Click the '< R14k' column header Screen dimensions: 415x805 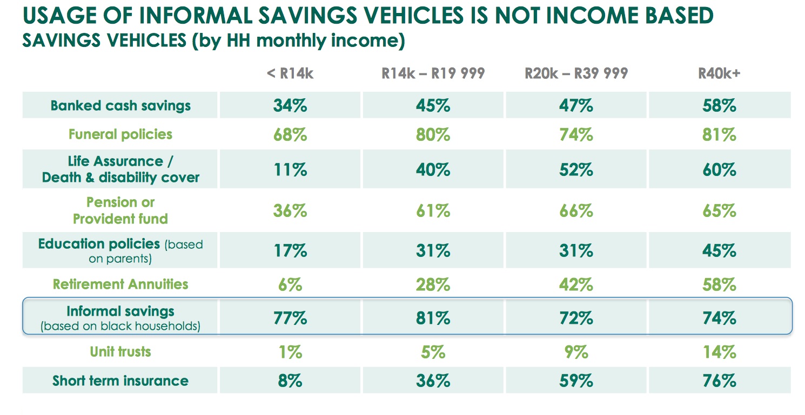tap(290, 74)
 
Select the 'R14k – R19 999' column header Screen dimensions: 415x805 tap(433, 74)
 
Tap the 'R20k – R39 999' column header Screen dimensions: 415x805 tap(576, 74)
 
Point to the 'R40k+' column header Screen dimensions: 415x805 tap(719, 74)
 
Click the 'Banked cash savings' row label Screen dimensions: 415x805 tap(120, 105)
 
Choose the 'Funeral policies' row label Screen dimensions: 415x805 tap(120, 134)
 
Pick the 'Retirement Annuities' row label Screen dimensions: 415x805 tap(120, 284)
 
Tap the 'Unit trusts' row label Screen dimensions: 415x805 tap(120, 352)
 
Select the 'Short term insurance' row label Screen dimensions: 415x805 tap(120, 380)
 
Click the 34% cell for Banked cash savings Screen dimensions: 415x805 tap(290, 105)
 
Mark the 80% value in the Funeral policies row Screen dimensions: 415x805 tap(433, 134)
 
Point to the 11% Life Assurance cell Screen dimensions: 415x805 tap(290, 169)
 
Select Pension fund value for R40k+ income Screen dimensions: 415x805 tap(719, 210)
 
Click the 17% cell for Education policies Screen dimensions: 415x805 tap(290, 251)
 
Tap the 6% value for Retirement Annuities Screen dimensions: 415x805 tap(290, 284)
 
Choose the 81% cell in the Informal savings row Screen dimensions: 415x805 tap(433, 318)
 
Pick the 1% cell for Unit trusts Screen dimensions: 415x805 tap(290, 352)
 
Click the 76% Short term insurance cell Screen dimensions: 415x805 tap(719, 380)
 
